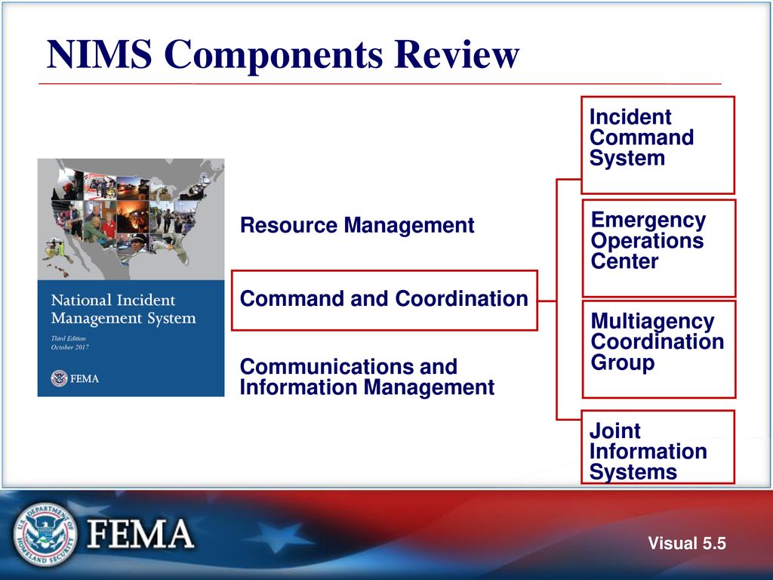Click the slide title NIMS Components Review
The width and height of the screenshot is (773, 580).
tap(283, 55)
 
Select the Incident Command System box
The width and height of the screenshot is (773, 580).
tap(657, 144)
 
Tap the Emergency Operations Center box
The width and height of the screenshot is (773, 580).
tap(658, 248)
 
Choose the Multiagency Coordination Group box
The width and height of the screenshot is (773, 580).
tap(658, 348)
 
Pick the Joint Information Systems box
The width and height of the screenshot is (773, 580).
tap(658, 446)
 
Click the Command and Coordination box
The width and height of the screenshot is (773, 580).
tap(383, 300)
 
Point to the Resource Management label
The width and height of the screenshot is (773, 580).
tap(357, 225)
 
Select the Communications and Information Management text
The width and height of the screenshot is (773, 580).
tap(367, 378)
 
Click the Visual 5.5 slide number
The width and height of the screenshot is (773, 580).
tap(687, 544)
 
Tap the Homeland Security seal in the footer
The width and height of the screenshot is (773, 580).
tap(45, 535)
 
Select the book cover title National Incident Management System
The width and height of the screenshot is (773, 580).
tap(123, 310)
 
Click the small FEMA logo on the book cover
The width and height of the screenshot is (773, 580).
tap(75, 378)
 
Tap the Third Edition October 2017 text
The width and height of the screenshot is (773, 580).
tap(72, 344)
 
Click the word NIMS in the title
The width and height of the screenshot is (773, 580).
tap(100, 55)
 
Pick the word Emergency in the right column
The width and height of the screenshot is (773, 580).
tap(648, 221)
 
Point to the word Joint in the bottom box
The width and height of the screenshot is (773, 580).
tap(614, 431)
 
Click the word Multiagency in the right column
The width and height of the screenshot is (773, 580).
tap(652, 322)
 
